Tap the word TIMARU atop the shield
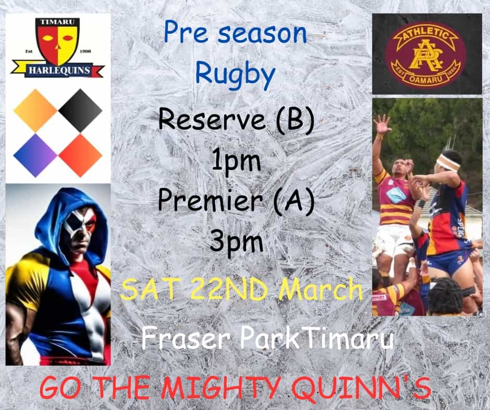point(58,22)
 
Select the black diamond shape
point(80,110)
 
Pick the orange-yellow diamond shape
point(35,110)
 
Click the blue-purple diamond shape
point(35,156)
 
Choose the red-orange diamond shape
point(80,156)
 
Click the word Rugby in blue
point(235,74)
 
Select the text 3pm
point(236,242)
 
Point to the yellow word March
point(321,290)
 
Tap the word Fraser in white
point(185,338)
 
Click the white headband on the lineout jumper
point(449,162)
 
